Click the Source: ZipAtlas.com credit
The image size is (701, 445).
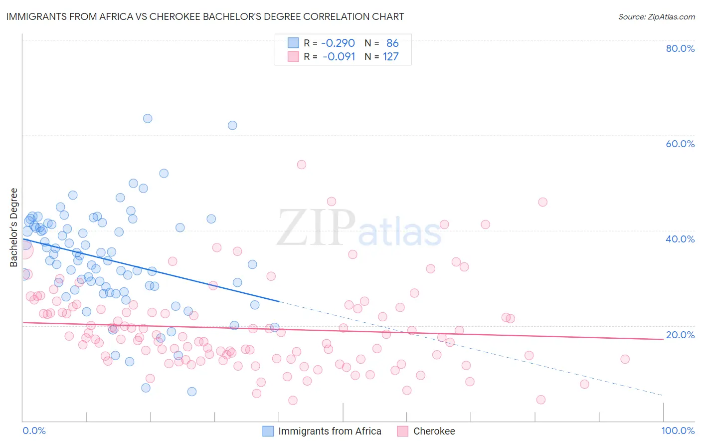pyautogui.click(x=656, y=16)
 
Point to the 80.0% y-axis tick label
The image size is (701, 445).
pyautogui.click(x=680, y=48)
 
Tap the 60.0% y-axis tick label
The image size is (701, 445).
pyautogui.click(x=680, y=144)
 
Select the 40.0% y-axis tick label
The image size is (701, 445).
pyautogui.click(x=680, y=239)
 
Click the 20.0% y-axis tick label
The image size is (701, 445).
pyautogui.click(x=680, y=335)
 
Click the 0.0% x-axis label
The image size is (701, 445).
pyautogui.click(x=34, y=431)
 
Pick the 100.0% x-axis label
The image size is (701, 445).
pyautogui.click(x=678, y=431)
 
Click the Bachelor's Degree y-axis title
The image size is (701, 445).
pyautogui.click(x=14, y=227)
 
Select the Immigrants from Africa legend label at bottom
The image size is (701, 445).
pyautogui.click(x=330, y=431)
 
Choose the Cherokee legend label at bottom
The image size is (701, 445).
pyautogui.click(x=434, y=431)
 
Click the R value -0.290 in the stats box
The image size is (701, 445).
pyautogui.click(x=338, y=43)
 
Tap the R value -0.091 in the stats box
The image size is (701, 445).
pyautogui.click(x=339, y=57)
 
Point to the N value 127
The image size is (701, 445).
pyautogui.click(x=390, y=57)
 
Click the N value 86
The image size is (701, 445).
pyautogui.click(x=392, y=43)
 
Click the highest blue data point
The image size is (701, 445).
pyautogui.click(x=148, y=119)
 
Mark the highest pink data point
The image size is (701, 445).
pyautogui.click(x=301, y=165)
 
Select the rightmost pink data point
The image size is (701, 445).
pyautogui.click(x=625, y=359)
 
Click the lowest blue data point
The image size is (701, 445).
pyautogui.click(x=192, y=392)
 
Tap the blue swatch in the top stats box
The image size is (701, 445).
pyautogui.click(x=293, y=43)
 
